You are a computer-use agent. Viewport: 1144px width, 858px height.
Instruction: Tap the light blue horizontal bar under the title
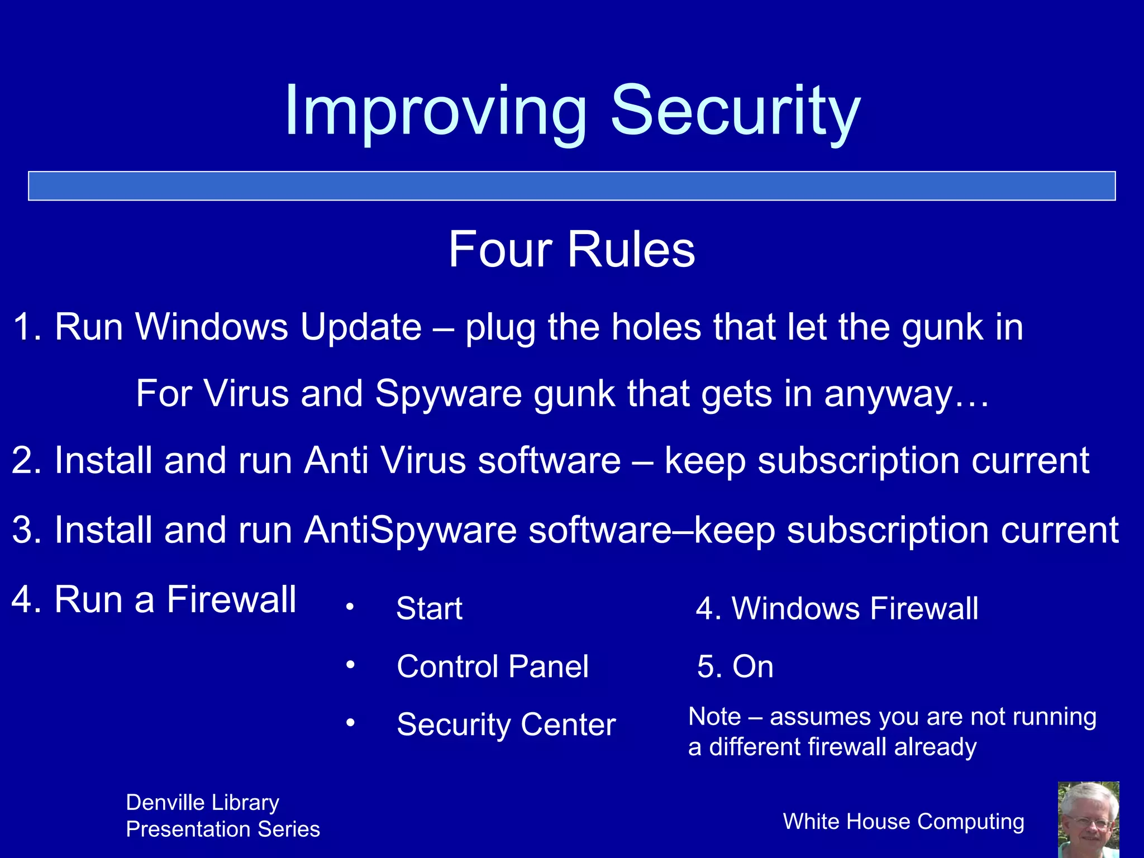point(571,185)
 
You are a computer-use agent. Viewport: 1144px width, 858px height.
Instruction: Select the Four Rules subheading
point(571,249)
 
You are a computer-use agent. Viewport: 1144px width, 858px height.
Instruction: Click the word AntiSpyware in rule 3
point(411,530)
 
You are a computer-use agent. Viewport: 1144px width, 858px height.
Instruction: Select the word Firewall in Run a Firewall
point(231,599)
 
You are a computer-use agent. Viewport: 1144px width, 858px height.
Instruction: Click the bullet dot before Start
point(350,607)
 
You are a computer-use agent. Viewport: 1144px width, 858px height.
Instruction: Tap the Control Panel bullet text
point(492,666)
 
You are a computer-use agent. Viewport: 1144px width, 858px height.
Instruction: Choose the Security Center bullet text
point(506,724)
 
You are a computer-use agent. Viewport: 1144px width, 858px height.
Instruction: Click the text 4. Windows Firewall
point(837,608)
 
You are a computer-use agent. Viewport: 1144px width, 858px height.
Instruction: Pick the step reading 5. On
point(735,666)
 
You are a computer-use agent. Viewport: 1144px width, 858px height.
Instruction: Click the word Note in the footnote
point(714,717)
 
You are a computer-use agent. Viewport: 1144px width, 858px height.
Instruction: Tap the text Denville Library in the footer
point(202,803)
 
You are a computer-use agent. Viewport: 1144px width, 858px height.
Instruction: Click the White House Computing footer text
point(903,822)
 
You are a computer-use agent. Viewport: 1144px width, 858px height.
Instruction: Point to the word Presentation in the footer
point(178,830)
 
